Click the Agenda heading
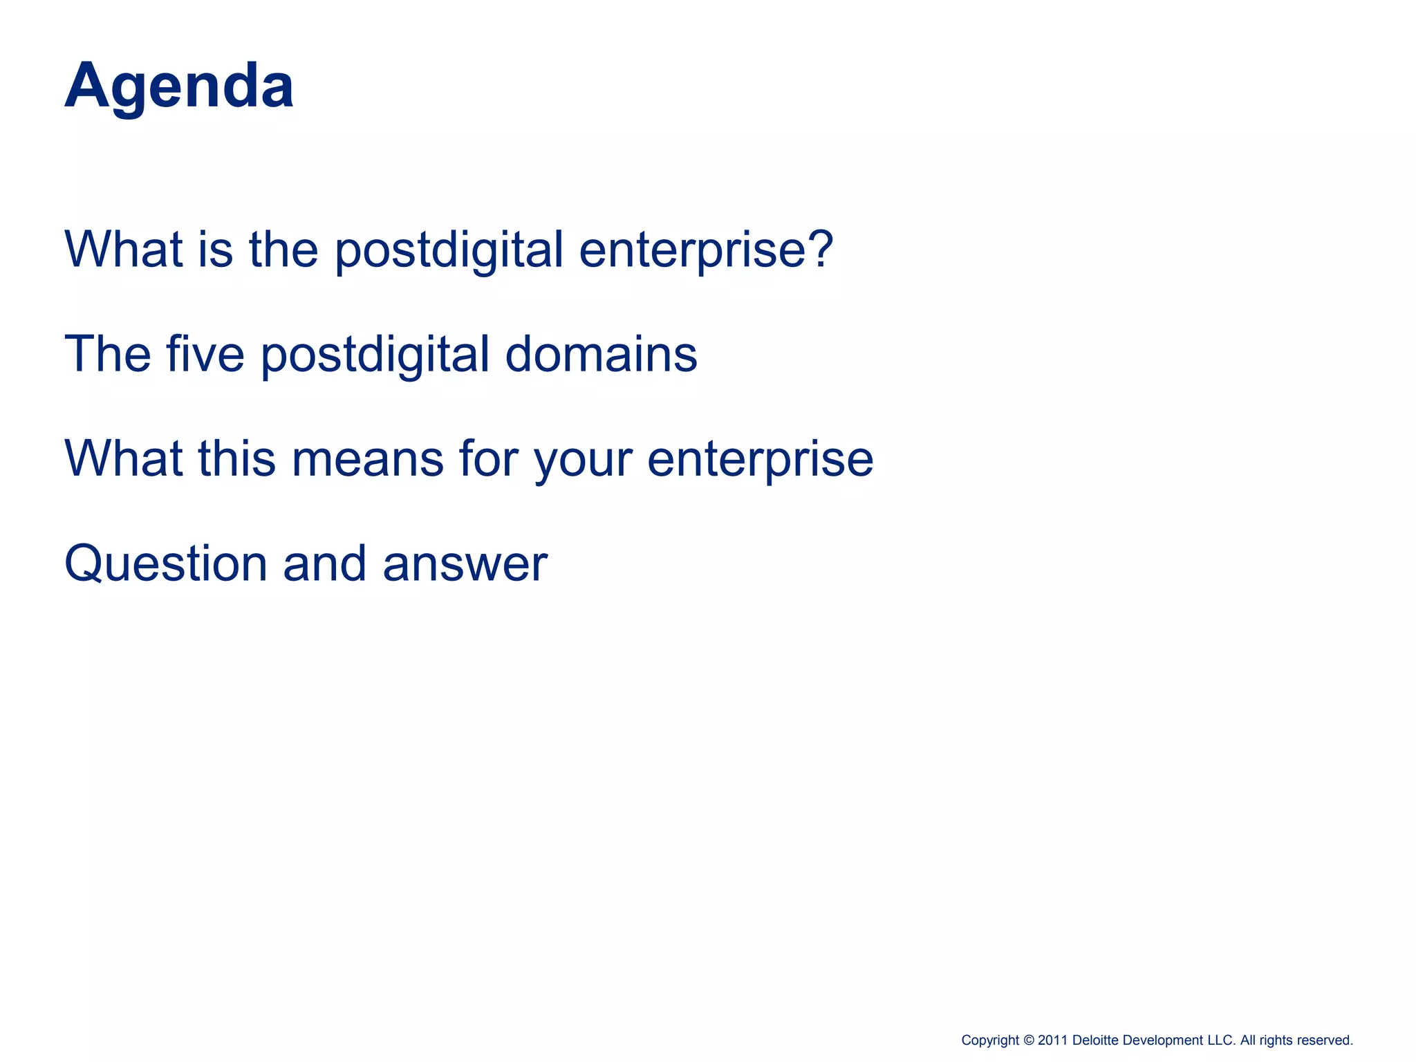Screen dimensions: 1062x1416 point(179,86)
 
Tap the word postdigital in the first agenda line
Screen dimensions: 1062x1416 point(449,250)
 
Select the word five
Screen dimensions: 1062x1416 point(205,353)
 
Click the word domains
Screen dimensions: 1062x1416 point(601,353)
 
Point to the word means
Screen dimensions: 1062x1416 point(367,458)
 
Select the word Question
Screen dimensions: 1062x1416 point(165,564)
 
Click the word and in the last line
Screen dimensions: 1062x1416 point(324,563)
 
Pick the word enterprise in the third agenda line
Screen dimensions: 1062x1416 point(760,460)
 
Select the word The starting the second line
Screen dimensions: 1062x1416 point(107,353)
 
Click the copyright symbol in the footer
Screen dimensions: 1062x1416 point(1028,1040)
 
